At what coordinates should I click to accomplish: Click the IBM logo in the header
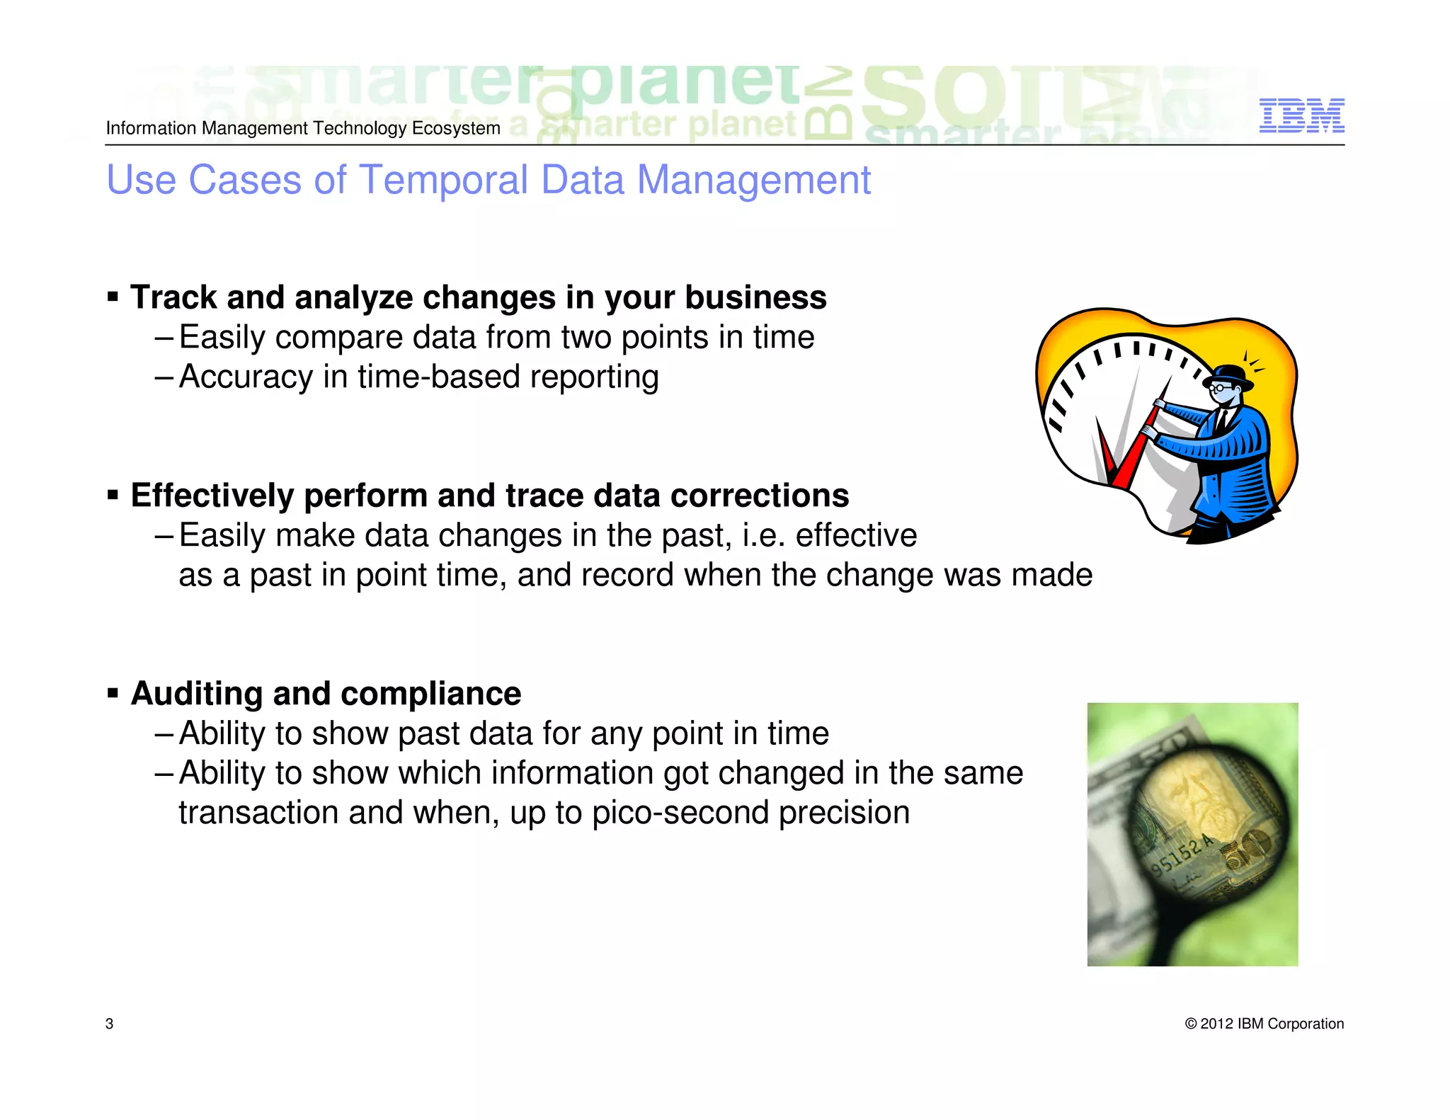(x=1301, y=116)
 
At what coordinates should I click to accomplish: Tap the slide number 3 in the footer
(x=109, y=1024)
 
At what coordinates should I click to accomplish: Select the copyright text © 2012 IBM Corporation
(x=1264, y=1024)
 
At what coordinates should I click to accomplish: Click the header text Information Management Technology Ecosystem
(x=303, y=128)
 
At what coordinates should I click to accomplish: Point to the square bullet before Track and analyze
(x=113, y=297)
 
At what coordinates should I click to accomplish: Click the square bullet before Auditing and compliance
(x=113, y=693)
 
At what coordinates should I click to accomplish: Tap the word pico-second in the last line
(x=680, y=813)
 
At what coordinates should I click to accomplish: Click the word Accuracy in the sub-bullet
(x=245, y=377)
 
